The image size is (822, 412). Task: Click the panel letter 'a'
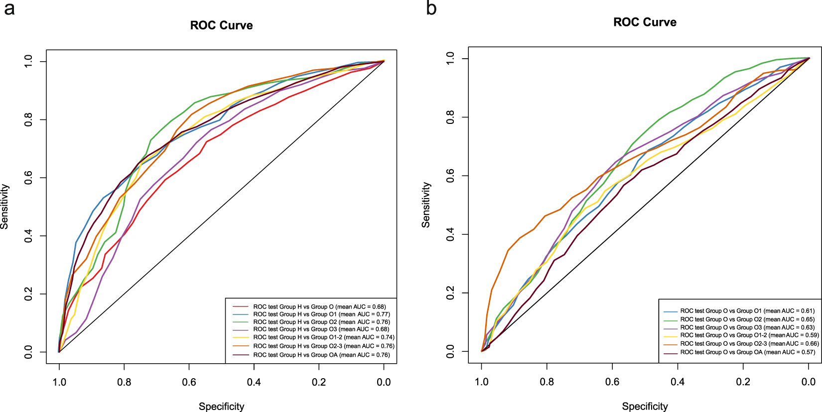pyautogui.click(x=9, y=9)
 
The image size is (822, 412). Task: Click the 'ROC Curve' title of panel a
pyautogui.click(x=221, y=25)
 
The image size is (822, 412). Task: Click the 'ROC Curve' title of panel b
pyautogui.click(x=645, y=22)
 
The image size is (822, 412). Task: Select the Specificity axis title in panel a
pyautogui.click(x=221, y=406)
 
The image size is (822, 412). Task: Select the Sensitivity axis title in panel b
pyautogui.click(x=425, y=205)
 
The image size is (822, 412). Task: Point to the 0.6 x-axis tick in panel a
pyautogui.click(x=189, y=382)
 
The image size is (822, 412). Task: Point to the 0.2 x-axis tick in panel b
pyautogui.click(x=743, y=382)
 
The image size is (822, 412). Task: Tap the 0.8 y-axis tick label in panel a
pyautogui.click(x=28, y=119)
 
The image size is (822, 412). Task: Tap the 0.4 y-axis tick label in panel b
pyautogui.click(x=450, y=234)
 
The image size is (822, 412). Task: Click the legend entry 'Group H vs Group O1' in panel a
pyautogui.click(x=321, y=314)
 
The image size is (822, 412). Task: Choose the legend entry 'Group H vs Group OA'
pyautogui.click(x=321, y=355)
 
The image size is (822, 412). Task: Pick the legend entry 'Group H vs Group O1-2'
pyautogui.click(x=323, y=337)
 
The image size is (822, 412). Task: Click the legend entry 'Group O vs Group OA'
pyautogui.click(x=747, y=352)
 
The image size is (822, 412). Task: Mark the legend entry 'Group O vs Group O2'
pyautogui.click(x=747, y=319)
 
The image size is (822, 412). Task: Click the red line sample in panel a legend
pyautogui.click(x=241, y=307)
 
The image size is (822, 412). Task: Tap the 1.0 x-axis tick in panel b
pyautogui.click(x=481, y=382)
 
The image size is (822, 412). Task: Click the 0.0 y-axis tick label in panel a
pyautogui.click(x=28, y=352)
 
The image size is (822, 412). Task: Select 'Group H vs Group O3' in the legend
pyautogui.click(x=321, y=329)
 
